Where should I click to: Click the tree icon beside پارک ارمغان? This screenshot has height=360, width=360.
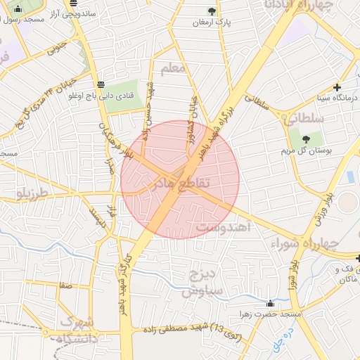coord(212,11)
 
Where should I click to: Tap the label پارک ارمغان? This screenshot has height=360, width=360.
coord(212,22)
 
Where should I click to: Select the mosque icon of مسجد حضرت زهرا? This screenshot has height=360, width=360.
coord(271,303)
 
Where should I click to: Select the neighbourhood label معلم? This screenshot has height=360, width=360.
coord(173,69)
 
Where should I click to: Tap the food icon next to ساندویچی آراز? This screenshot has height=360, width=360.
coord(74,3)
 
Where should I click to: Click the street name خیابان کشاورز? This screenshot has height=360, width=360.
coord(191,112)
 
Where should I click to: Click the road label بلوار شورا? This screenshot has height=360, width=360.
coord(292,278)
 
